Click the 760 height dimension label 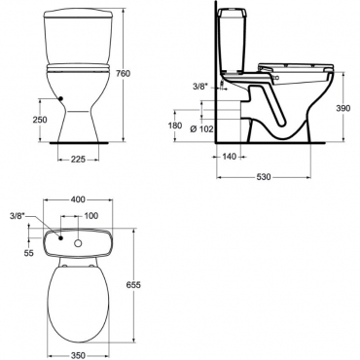(x=123, y=74)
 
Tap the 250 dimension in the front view (x=40, y=120)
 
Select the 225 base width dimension (x=78, y=160)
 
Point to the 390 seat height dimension (x=343, y=108)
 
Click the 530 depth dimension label (x=264, y=177)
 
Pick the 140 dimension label (x=230, y=157)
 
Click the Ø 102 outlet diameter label (x=201, y=129)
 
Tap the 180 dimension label (x=175, y=126)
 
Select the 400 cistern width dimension (x=78, y=199)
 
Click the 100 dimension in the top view (x=90, y=216)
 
